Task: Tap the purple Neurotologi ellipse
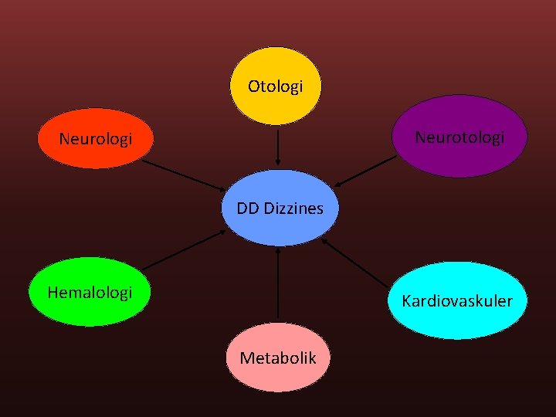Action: (459, 154)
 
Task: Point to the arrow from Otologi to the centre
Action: (277, 147)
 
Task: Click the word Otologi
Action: (275, 86)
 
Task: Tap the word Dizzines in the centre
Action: (293, 208)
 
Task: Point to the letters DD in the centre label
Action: (248, 208)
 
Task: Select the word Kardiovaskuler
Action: (457, 300)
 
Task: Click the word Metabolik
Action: (278, 358)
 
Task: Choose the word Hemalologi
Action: (90, 292)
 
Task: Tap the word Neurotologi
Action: (459, 137)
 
